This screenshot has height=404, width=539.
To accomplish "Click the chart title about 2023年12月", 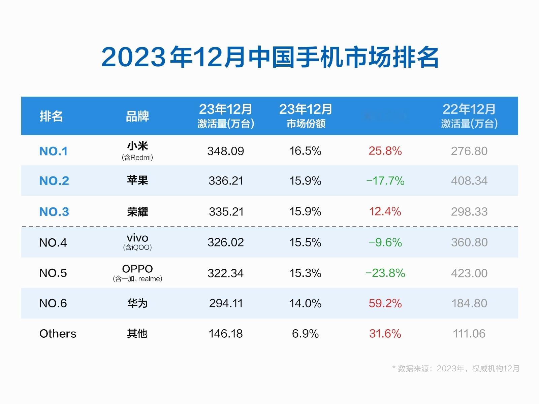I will coord(269,57).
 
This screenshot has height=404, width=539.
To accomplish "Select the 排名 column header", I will coord(51,116).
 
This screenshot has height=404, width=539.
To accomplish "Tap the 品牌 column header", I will coord(137,116).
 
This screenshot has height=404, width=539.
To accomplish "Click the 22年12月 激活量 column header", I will coord(469,116).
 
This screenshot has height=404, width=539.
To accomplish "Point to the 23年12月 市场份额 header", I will coord(306,116).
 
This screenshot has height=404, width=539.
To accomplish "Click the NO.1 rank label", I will coord(53,151).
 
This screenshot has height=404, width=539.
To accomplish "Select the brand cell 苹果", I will coord(137,180).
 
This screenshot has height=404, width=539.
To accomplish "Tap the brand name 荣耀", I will coord(137,211).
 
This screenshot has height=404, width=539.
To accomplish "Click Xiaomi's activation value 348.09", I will coord(225,151).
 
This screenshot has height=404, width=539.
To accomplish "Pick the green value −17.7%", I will coord(385,181).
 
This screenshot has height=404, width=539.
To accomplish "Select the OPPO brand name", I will coord(137,269).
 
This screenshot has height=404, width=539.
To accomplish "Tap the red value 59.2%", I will coord(385,303).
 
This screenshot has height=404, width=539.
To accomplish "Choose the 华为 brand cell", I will coord(137,303).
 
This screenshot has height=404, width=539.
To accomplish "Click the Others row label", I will coord(58,334).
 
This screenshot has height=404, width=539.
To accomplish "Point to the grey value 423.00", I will coord(469,273).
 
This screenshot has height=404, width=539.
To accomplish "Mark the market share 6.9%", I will coord(305,334).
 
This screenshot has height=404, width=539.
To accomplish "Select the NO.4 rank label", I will coord(53,242).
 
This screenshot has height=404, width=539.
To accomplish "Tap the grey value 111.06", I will coord(469,334).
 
